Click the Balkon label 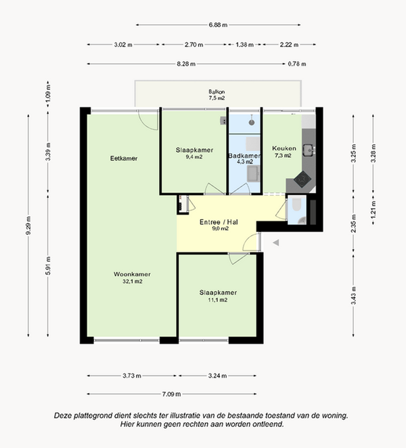[x=217, y=92]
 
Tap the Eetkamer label [x=124, y=158]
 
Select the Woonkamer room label [x=132, y=274]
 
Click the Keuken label [x=284, y=148]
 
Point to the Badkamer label [x=244, y=156]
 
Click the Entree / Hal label [x=219, y=222]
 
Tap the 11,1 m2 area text [x=218, y=300]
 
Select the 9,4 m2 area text [x=194, y=157]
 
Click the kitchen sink [x=309, y=150]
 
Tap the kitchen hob [x=302, y=179]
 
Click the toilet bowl [x=297, y=204]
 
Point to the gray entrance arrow [x=275, y=243]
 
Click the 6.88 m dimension [x=218, y=25]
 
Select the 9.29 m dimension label [x=28, y=226]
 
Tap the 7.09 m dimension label [x=171, y=394]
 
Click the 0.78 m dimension [x=297, y=64]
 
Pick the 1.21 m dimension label [x=373, y=209]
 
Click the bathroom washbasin [x=253, y=173]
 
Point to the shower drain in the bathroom [x=252, y=122]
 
